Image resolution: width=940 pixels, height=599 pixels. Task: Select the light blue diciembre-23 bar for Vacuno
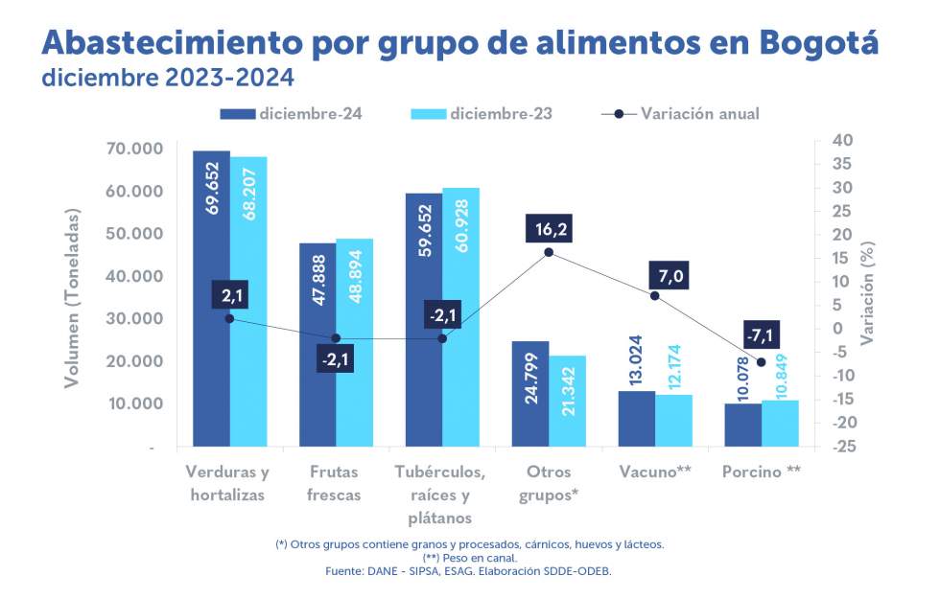(x=674, y=421)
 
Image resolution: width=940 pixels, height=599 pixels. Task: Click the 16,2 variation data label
(x=549, y=230)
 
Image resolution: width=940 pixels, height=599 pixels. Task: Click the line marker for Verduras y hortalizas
(x=230, y=318)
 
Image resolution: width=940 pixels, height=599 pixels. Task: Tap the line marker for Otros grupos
(x=549, y=252)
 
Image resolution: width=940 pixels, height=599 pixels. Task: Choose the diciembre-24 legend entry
(x=291, y=114)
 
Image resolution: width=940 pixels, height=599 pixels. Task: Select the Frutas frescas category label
(x=336, y=483)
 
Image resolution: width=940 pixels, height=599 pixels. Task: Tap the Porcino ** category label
(x=763, y=472)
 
